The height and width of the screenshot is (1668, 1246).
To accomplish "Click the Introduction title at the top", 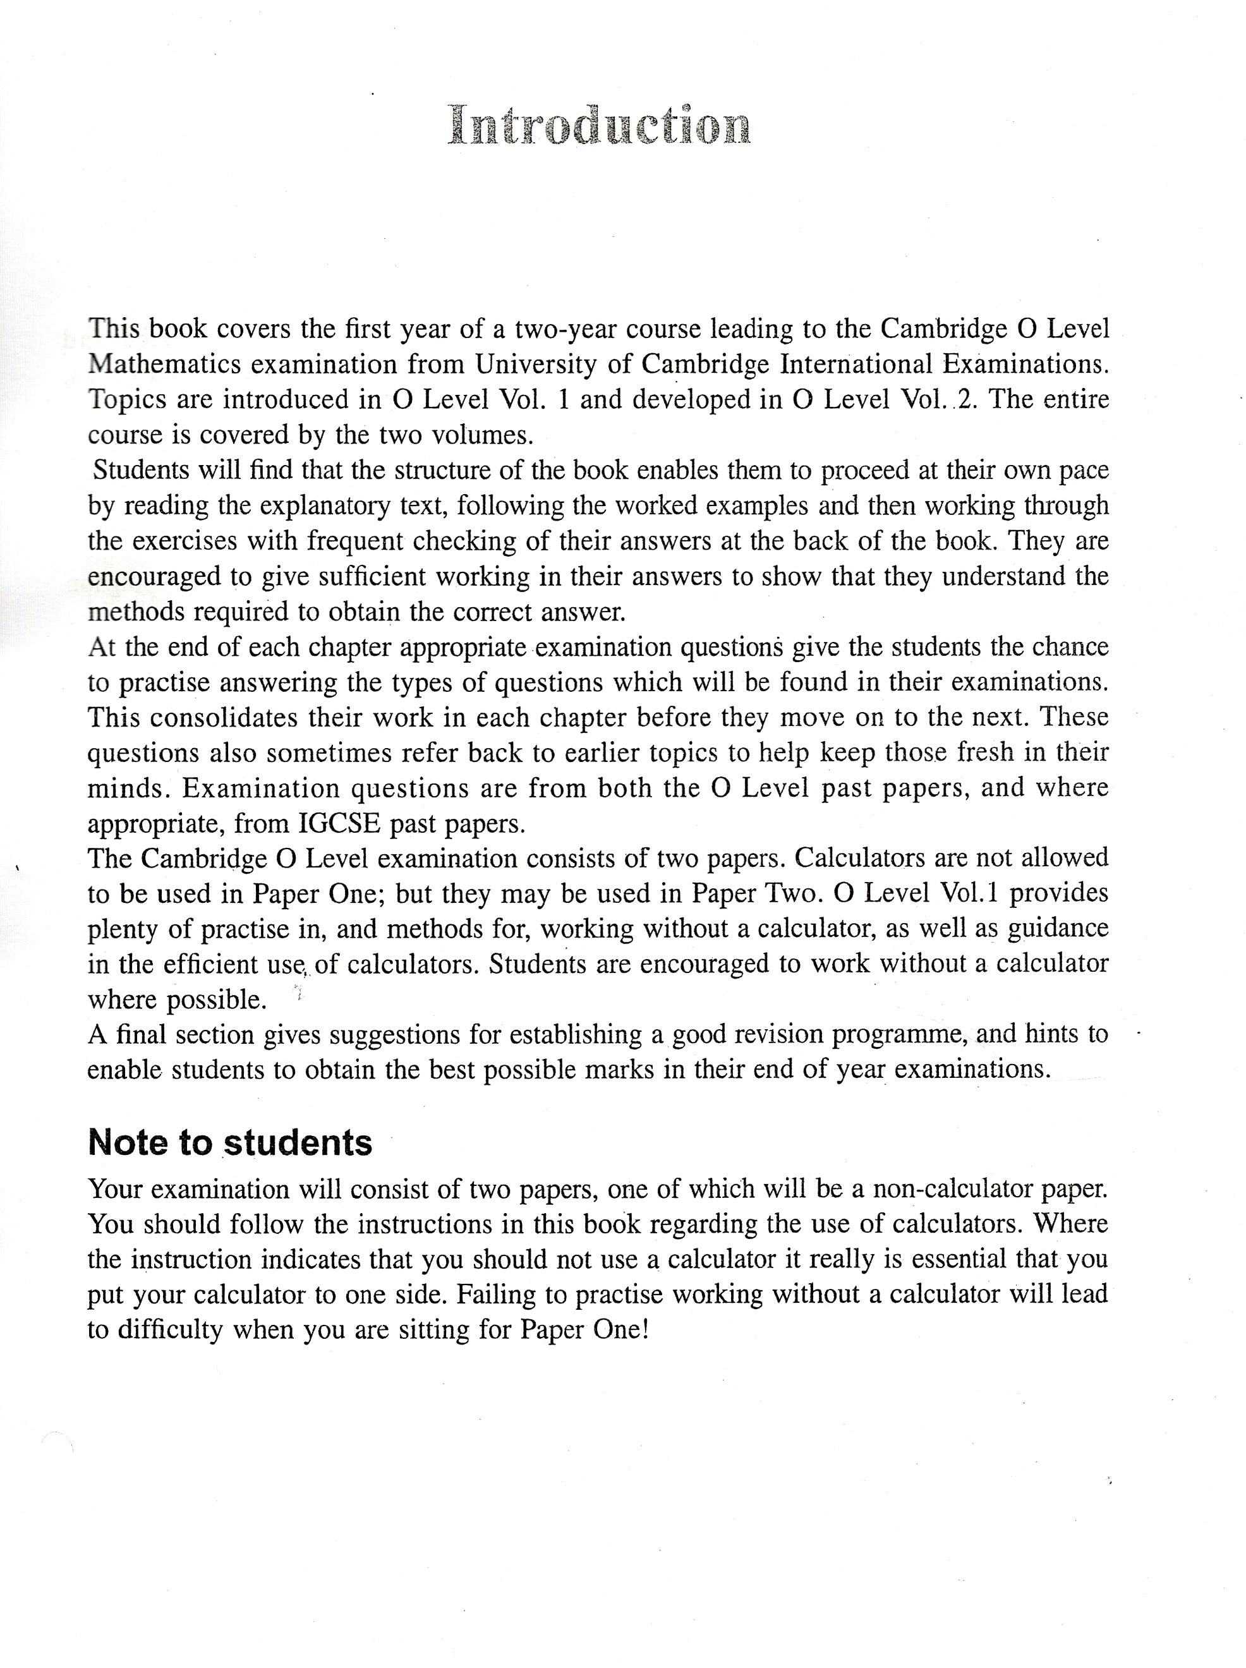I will coord(600,125).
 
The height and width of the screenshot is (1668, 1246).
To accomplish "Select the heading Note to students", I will coord(230,1143).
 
